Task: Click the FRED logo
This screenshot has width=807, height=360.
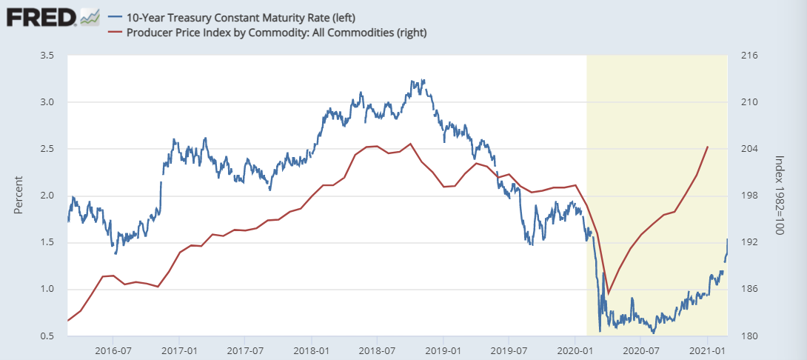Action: click(41, 17)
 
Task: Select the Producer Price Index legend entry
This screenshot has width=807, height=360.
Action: click(267, 33)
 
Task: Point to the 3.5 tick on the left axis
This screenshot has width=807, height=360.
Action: click(47, 56)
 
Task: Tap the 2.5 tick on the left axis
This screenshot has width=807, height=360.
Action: click(47, 149)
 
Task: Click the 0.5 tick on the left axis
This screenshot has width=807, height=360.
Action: click(47, 336)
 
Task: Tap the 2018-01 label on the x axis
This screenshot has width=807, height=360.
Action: click(311, 349)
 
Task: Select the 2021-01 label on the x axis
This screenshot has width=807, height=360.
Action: click(707, 349)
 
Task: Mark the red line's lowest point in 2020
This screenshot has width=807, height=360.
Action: click(608, 294)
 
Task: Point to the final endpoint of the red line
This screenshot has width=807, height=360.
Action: click(708, 147)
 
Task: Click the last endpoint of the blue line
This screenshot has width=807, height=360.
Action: click(728, 239)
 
